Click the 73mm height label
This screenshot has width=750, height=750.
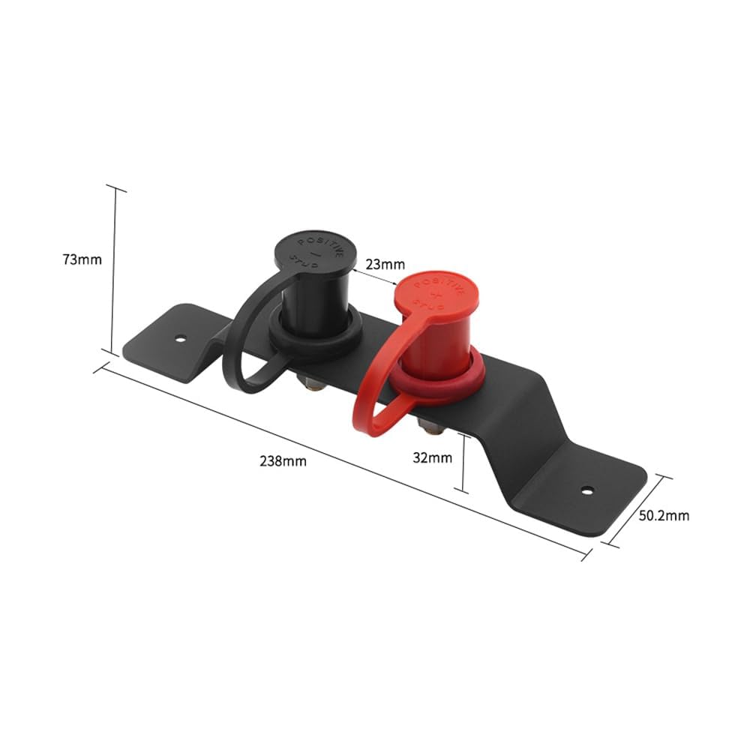[x=82, y=259]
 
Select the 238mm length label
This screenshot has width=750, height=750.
[x=283, y=461]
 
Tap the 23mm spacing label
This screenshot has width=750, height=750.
[x=385, y=264]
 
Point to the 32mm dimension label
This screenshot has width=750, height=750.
[x=433, y=457]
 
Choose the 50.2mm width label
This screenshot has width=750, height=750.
[x=664, y=516]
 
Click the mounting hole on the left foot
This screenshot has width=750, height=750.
[x=180, y=340]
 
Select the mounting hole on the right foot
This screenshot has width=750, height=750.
[x=587, y=490]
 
